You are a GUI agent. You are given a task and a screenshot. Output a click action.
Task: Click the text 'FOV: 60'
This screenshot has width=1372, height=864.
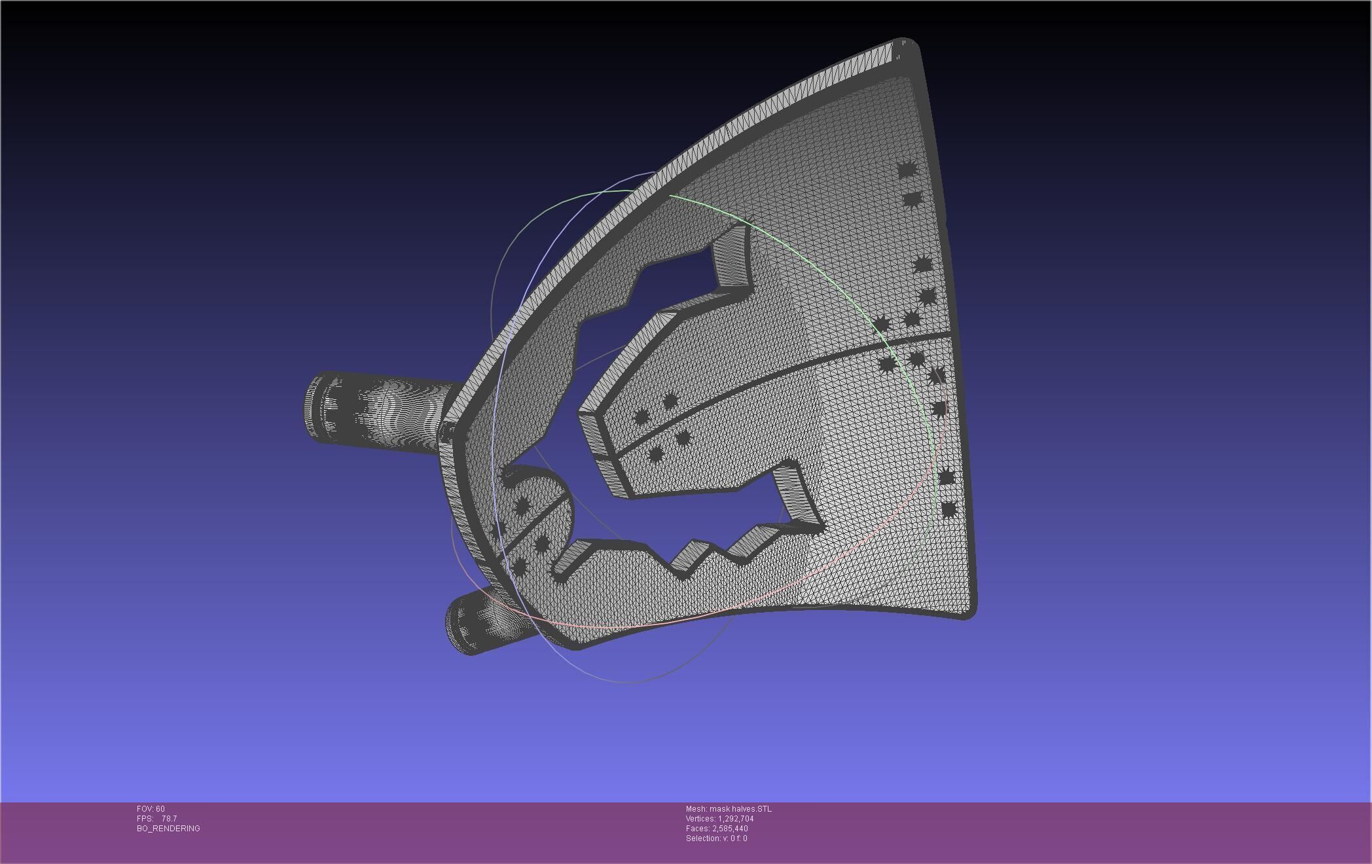point(151,809)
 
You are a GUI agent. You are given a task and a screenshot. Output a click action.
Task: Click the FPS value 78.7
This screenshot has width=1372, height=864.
point(169,819)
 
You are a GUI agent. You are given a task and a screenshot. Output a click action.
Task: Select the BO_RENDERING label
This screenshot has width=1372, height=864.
point(168,829)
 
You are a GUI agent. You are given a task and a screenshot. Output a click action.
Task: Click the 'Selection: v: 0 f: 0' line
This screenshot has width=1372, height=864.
point(716,838)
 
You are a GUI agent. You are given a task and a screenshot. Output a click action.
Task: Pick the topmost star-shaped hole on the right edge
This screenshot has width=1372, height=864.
point(907,170)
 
